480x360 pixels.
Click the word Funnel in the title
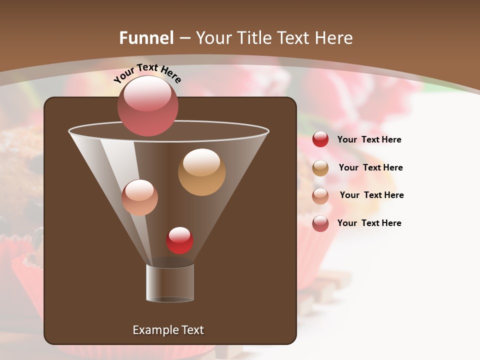click(x=146, y=38)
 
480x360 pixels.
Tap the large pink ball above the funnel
click(x=147, y=105)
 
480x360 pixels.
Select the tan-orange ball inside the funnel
click(x=201, y=172)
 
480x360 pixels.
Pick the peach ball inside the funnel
click(x=139, y=197)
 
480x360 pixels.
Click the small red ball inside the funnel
click(x=179, y=240)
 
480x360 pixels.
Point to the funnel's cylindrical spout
click(x=170, y=282)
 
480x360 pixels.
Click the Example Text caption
click(x=168, y=330)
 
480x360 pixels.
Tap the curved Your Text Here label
click(x=147, y=73)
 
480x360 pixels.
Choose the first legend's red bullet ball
click(x=320, y=139)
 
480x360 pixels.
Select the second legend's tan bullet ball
click(x=320, y=168)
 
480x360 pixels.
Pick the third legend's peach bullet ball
click(x=320, y=195)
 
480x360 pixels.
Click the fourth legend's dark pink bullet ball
click(x=320, y=223)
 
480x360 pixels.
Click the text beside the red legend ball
click(x=369, y=139)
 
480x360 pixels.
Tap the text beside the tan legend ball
click(x=370, y=167)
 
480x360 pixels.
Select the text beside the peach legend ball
click(x=371, y=195)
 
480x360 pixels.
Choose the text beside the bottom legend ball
click(x=369, y=223)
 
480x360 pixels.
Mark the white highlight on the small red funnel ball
click(x=179, y=234)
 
